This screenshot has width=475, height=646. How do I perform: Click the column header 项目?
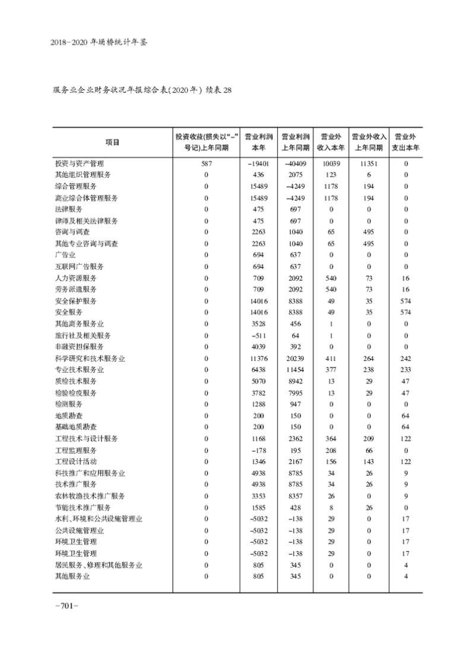pyautogui.click(x=112, y=142)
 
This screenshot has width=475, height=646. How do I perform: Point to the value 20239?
pyautogui.click(x=294, y=358)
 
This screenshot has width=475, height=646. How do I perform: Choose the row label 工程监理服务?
pyautogui.click(x=75, y=450)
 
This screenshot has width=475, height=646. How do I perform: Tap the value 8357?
pyautogui.click(x=294, y=496)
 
